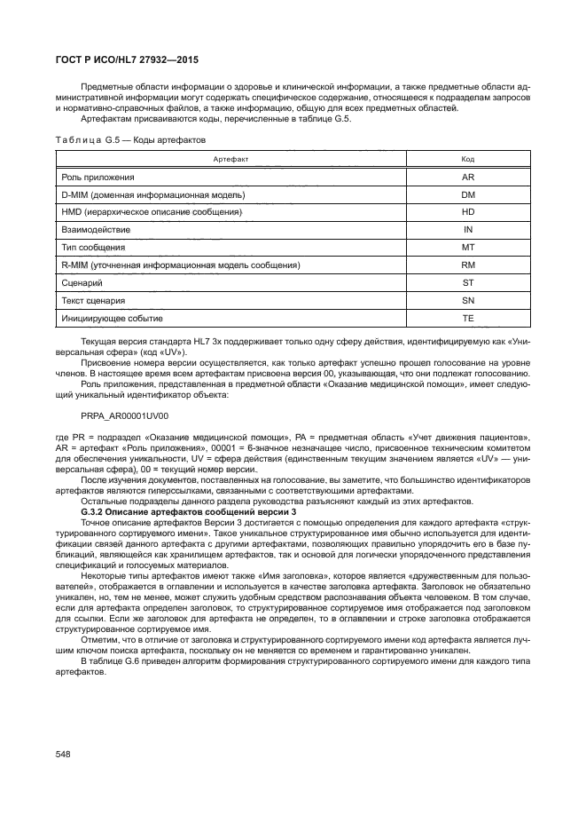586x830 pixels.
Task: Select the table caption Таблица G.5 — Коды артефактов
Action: (130, 140)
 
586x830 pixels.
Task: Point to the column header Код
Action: (468, 159)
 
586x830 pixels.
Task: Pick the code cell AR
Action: (468, 177)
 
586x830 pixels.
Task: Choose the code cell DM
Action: (468, 194)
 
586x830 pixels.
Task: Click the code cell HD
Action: (468, 212)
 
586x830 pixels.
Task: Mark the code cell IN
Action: (468, 229)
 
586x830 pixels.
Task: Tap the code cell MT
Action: (468, 247)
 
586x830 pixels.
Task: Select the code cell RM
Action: (468, 265)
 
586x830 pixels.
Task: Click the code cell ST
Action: (468, 282)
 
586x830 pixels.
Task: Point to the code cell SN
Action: (468, 300)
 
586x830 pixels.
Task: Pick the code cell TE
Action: (468, 318)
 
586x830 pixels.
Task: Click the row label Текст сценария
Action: (93, 300)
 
